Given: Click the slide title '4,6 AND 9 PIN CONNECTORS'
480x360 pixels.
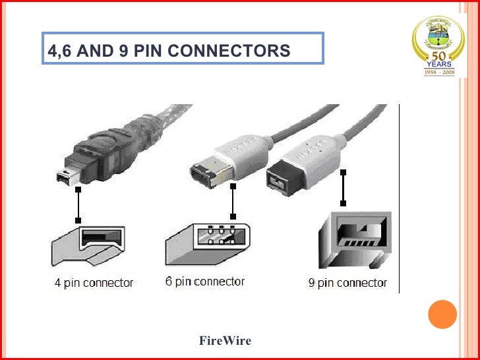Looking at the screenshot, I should pyautogui.click(x=169, y=51).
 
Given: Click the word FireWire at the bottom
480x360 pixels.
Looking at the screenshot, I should pyautogui.click(x=225, y=341).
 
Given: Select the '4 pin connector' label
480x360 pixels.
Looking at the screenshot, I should pyautogui.click(x=94, y=283).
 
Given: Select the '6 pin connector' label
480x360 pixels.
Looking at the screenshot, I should pyautogui.click(x=205, y=282).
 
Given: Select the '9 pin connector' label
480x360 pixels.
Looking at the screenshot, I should pyautogui.click(x=347, y=284).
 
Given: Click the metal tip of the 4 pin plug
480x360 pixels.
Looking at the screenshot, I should pyautogui.click(x=65, y=177).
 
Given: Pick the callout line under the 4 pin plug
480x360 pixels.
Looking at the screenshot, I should pyautogui.click(x=78, y=204).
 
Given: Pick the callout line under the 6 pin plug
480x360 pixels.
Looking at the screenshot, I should pyautogui.click(x=232, y=201).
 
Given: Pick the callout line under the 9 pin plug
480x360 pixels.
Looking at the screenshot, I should pyautogui.click(x=343, y=188).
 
